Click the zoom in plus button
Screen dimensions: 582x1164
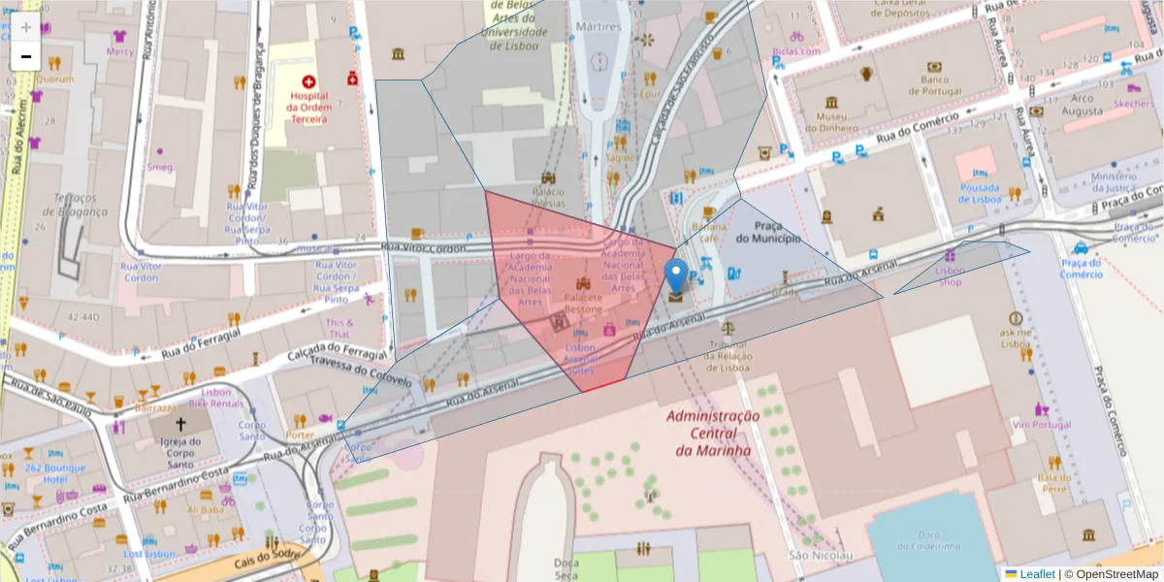click(26, 27)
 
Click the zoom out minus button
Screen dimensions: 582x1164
click(26, 57)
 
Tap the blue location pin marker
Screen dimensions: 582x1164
click(676, 277)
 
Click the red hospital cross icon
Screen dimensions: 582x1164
click(308, 83)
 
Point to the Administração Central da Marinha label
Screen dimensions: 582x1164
click(713, 433)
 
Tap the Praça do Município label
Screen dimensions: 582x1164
click(768, 232)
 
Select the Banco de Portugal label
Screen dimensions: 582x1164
click(933, 84)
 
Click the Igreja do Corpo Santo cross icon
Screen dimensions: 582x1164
click(179, 424)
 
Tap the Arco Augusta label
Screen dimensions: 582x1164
click(1082, 104)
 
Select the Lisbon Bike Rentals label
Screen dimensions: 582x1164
click(216, 397)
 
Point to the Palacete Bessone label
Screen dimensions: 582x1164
click(583, 303)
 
